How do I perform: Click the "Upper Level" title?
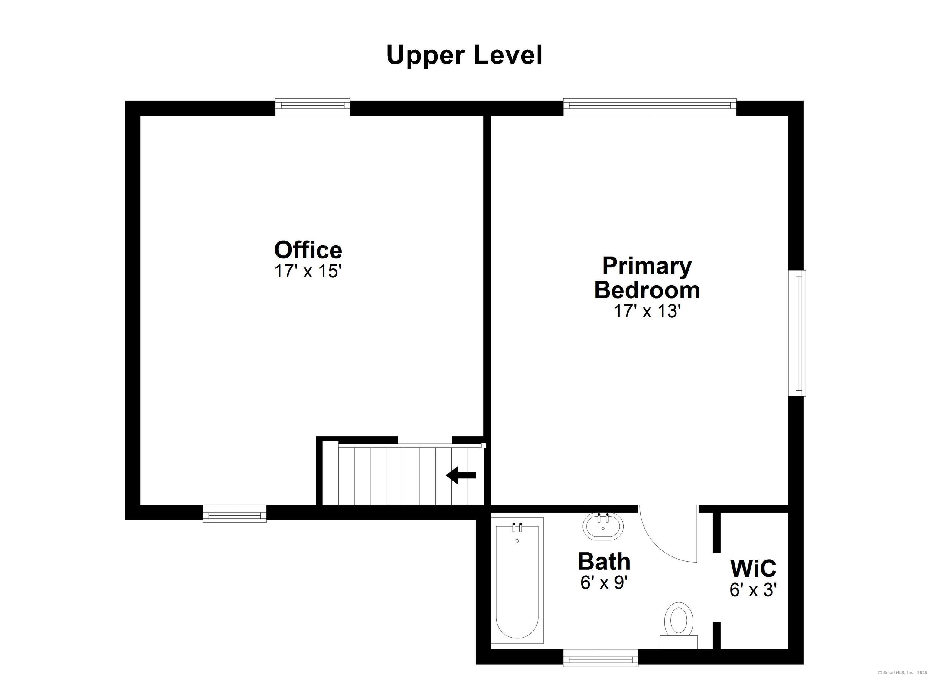464,56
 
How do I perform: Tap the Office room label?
308,250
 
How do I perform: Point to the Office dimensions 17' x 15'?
308,271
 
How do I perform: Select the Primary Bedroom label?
647,277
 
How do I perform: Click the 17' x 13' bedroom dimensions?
647,311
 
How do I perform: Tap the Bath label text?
604,561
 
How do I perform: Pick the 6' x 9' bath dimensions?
604,582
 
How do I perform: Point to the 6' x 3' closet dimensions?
753,589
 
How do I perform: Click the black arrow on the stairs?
461,476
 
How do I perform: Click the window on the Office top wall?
312,107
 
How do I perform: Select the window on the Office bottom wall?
235,514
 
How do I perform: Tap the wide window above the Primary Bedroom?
650,107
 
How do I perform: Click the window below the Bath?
601,658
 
